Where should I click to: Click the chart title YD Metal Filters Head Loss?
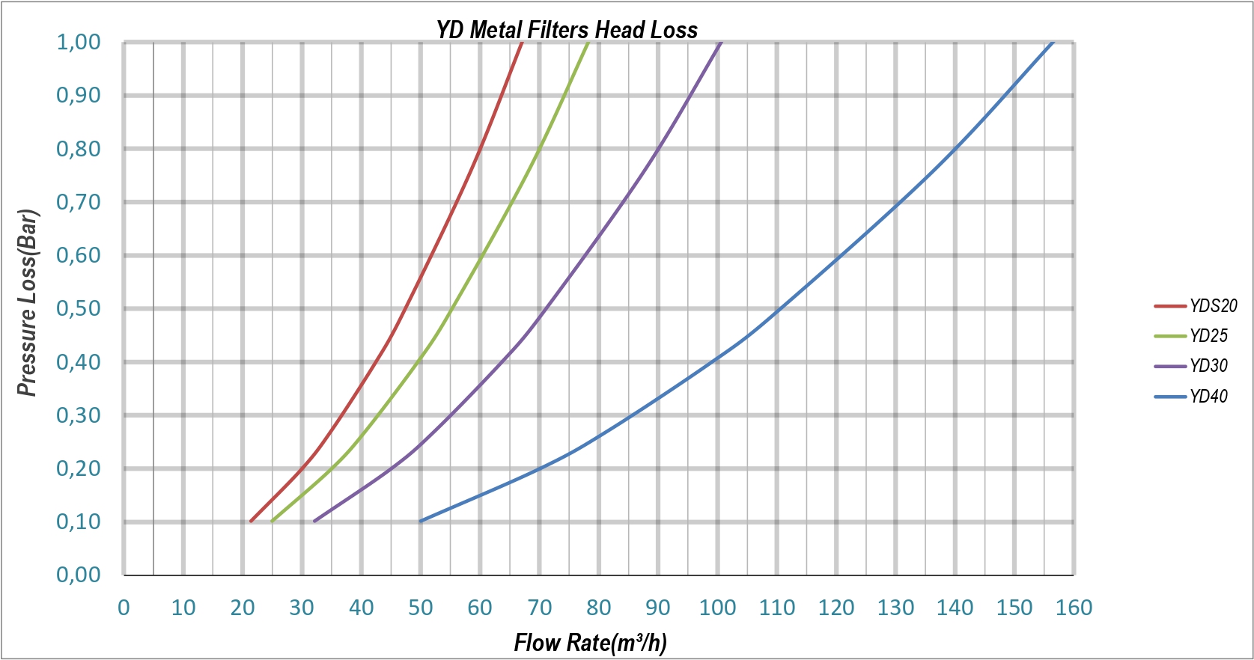coord(567,30)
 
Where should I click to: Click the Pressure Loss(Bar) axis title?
coord(27,302)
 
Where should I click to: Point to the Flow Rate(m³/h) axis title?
coord(590,642)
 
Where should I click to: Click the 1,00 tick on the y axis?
coord(79,42)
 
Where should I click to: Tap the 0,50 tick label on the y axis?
coord(79,308)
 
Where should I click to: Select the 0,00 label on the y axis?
coord(79,575)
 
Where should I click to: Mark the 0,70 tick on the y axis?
coord(79,202)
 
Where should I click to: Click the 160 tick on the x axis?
coord(1074,608)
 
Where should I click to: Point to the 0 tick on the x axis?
coord(124,608)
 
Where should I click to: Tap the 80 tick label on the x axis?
coord(599,608)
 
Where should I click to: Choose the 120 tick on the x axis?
coord(836,608)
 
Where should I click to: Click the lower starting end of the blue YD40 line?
coord(421,521)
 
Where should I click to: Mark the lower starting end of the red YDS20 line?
coord(251,521)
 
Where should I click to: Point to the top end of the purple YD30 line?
coord(720,43)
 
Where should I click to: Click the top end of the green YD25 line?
coord(588,43)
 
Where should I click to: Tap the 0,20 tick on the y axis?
coord(79,468)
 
